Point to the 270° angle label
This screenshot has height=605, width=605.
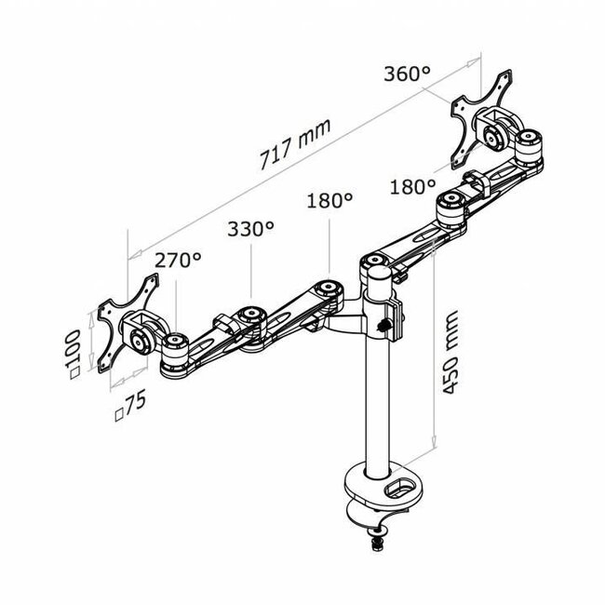[x=178, y=261]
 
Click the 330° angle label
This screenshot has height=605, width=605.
[x=250, y=228]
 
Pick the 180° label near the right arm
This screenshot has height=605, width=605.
[x=413, y=186]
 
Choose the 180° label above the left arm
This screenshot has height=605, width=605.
[x=329, y=200]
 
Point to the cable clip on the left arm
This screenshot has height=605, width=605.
[x=223, y=325]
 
